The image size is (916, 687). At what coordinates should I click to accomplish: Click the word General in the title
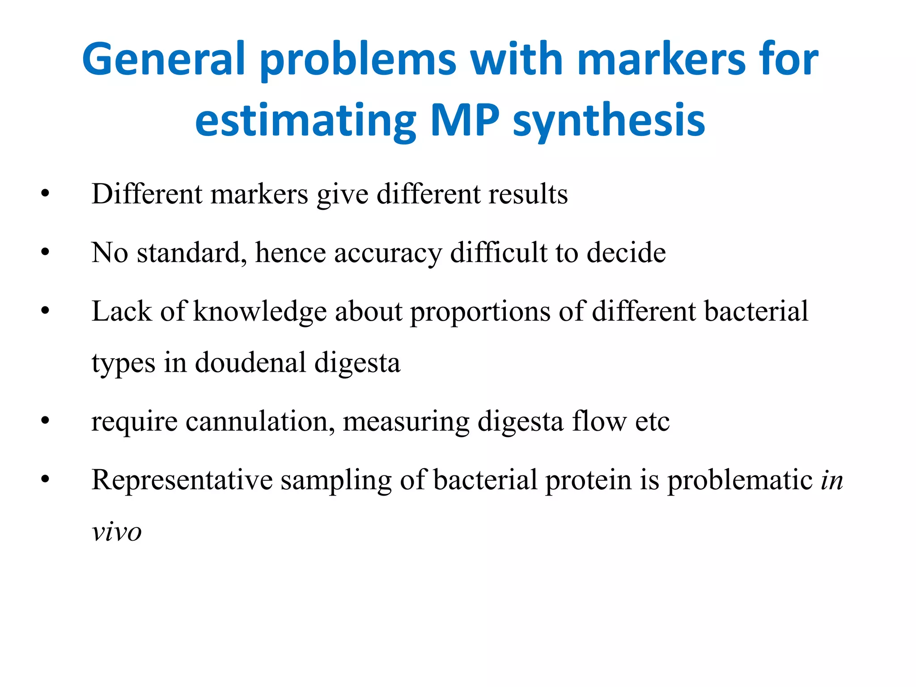(x=164, y=59)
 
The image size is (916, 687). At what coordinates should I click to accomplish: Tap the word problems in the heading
(x=358, y=59)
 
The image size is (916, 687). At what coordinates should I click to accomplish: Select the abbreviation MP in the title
(x=465, y=120)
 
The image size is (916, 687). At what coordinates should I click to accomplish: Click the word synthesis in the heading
(x=609, y=120)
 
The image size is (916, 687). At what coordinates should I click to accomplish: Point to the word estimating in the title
(x=306, y=120)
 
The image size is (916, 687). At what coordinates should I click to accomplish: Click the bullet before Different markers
(x=45, y=194)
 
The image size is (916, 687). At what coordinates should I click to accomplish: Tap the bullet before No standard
(x=45, y=253)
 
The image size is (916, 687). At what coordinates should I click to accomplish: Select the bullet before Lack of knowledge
(x=45, y=311)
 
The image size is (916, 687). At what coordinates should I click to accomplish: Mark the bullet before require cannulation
(x=45, y=421)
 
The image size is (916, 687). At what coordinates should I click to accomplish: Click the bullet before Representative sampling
(x=45, y=480)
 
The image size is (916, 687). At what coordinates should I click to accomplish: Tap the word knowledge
(x=260, y=312)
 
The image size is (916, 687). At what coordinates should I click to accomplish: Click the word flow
(x=599, y=421)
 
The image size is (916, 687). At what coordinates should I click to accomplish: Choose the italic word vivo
(x=117, y=532)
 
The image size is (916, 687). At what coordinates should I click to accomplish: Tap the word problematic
(x=740, y=480)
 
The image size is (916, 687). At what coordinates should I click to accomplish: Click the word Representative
(x=182, y=480)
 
